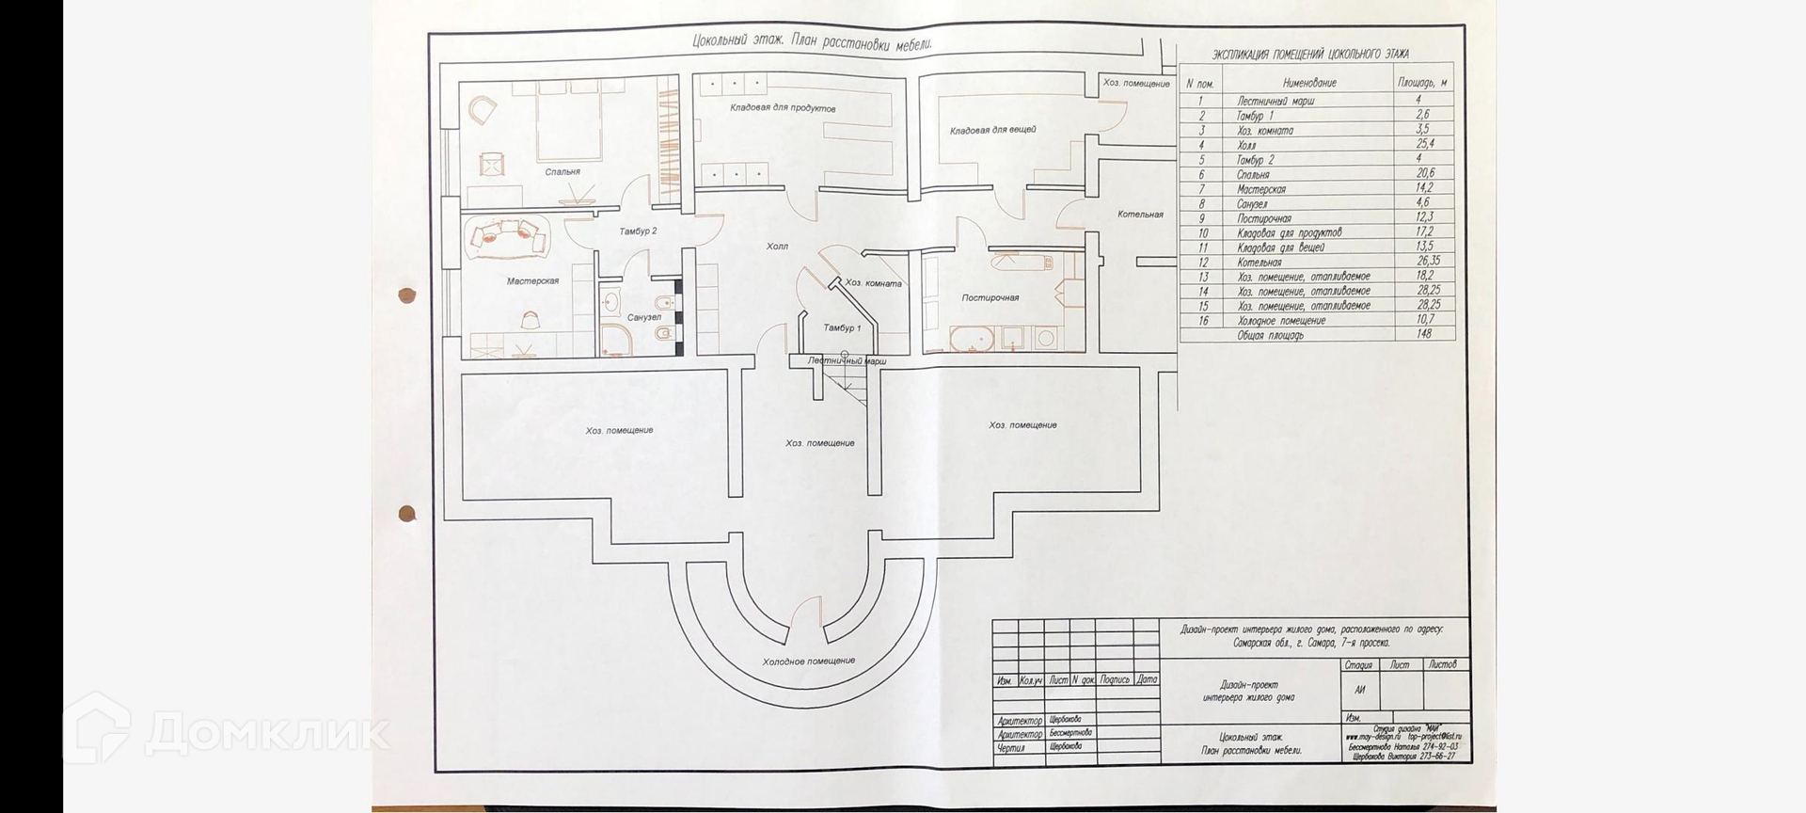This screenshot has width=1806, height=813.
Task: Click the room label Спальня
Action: pos(562,172)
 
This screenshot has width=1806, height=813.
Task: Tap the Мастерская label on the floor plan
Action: pos(532,281)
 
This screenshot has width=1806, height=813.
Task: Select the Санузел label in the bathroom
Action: pos(643,318)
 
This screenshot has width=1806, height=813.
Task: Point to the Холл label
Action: pos(777,247)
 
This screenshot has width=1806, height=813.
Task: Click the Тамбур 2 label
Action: pos(638,231)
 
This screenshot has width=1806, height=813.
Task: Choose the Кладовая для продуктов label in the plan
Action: pos(783,109)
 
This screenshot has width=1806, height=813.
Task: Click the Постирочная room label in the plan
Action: pos(990,298)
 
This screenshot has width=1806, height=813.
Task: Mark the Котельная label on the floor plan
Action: pos(1140,215)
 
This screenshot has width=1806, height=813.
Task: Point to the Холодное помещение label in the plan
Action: pos(809,662)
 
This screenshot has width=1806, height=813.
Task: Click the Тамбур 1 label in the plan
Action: pos(842,328)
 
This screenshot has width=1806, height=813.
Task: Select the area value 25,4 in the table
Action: pos(1424,145)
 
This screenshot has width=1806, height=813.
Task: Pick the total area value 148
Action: pos(1424,334)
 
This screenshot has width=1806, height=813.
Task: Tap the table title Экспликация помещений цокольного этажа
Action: pos(1310,55)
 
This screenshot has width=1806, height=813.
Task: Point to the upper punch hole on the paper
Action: pos(407,296)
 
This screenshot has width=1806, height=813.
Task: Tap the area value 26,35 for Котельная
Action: pos(1427,262)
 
